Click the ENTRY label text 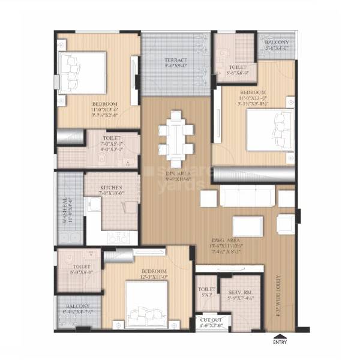(x=280, y=343)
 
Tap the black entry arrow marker (x=280, y=335)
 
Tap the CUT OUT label (x=210, y=320)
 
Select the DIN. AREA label (x=178, y=173)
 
